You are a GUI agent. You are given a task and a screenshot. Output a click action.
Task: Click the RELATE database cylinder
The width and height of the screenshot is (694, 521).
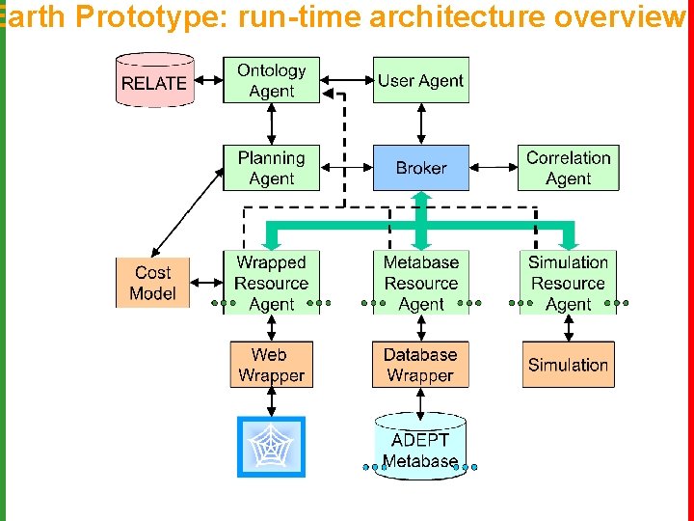155,80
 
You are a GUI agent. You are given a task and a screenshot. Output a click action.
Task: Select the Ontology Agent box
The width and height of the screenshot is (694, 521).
271,80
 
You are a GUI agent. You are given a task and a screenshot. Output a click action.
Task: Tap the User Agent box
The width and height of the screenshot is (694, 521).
421,80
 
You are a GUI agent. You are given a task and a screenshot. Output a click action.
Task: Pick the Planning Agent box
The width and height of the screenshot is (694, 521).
271,168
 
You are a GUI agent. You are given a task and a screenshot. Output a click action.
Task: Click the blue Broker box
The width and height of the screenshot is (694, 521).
421,168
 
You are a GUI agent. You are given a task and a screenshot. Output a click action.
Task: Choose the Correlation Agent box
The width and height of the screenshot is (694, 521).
569,168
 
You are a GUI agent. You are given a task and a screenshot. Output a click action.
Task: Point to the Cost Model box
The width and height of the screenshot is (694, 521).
152,283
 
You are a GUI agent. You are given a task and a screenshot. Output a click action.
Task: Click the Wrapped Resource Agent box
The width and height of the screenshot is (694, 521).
271,283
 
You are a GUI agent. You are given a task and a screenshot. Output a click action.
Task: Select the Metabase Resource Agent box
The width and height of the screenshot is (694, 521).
421,283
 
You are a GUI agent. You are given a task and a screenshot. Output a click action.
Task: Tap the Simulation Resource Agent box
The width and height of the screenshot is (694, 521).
569,283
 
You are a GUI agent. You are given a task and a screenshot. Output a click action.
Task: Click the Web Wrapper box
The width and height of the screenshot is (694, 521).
271,365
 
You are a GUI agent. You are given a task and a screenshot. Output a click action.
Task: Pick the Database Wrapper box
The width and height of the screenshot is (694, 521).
420,365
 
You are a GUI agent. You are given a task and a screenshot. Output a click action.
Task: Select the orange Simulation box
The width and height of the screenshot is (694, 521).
569,365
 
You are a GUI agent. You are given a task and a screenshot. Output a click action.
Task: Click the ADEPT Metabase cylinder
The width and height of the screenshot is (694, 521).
420,446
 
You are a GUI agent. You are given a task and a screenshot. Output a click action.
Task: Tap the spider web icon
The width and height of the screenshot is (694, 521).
271,447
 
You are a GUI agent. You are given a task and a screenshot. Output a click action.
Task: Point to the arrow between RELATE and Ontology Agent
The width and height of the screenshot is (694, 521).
209,80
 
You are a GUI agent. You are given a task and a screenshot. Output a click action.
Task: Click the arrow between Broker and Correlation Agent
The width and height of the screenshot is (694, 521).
494,168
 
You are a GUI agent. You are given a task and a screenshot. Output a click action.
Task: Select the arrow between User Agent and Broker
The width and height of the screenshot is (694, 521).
421,124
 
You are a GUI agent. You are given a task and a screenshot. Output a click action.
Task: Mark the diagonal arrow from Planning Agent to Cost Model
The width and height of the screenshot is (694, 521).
188,212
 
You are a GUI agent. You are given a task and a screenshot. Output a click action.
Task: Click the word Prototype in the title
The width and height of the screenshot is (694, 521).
151,16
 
